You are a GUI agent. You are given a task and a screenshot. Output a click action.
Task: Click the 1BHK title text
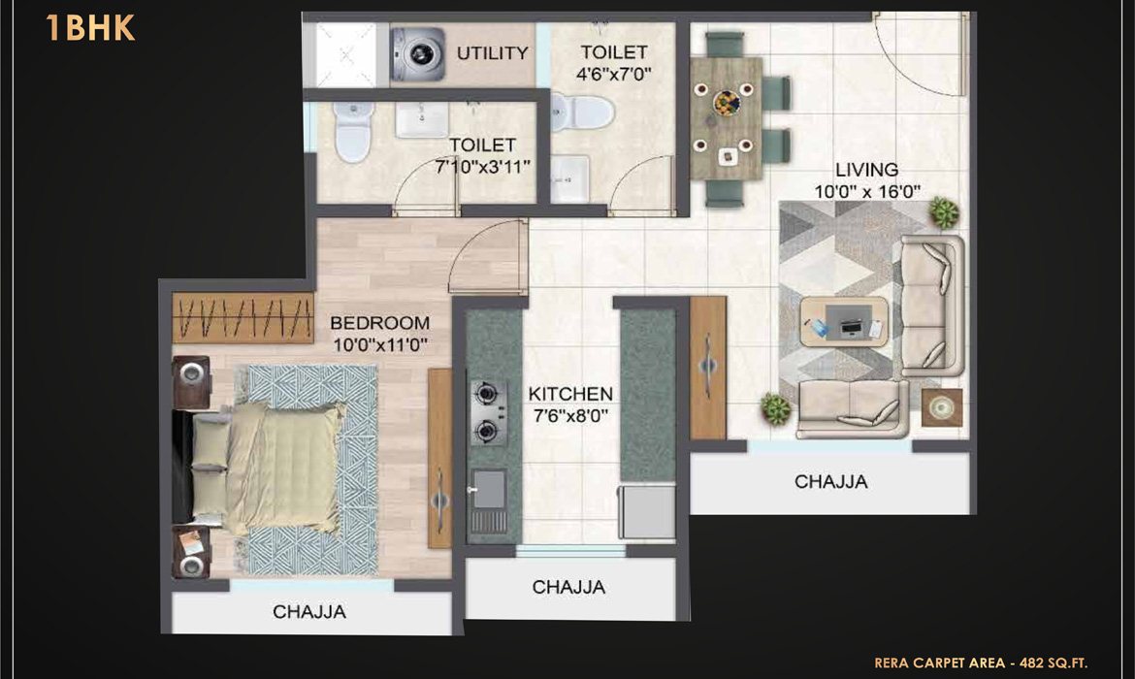point(90,28)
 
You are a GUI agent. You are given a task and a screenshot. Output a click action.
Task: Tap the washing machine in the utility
point(418,54)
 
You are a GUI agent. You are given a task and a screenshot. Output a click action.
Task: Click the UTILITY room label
point(492,53)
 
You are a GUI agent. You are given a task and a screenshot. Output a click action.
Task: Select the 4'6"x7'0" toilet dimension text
point(613,74)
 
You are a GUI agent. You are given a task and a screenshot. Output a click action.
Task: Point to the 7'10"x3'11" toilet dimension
point(482,167)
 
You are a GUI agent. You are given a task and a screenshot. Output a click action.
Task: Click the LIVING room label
point(866,170)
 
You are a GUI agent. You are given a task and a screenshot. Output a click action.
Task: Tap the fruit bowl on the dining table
point(726,102)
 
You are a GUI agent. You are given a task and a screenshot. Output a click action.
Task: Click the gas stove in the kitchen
point(488,412)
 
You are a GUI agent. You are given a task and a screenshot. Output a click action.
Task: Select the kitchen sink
point(489,501)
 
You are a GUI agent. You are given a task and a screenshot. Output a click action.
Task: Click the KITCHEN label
point(570,394)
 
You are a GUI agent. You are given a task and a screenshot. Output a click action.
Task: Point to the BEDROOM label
point(380,323)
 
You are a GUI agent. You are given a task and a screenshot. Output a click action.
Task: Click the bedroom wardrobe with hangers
point(243,318)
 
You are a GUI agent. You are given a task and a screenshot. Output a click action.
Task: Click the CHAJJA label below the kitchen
point(568,587)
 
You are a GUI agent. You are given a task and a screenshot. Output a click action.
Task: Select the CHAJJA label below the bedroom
point(309,612)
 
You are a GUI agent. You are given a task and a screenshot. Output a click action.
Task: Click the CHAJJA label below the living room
point(831,482)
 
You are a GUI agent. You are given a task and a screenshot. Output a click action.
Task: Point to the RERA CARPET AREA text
point(940,663)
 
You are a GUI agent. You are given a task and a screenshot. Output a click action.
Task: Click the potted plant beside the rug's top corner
point(943,212)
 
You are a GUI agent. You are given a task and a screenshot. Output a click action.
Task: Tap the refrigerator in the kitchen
point(646,512)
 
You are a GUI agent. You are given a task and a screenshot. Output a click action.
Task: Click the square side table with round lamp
point(942,407)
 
